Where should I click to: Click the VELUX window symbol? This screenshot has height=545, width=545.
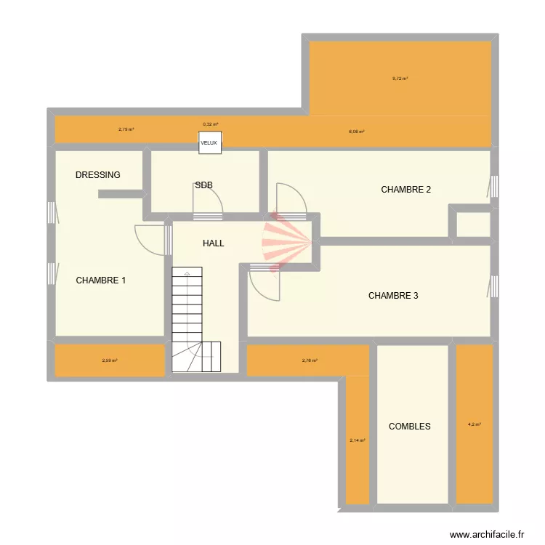click(x=209, y=142)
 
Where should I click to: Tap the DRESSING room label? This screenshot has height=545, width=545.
click(x=98, y=175)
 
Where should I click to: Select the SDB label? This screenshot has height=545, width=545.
click(x=203, y=185)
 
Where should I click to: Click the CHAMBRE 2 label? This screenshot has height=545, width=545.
click(x=406, y=190)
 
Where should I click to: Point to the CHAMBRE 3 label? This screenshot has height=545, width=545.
click(x=393, y=296)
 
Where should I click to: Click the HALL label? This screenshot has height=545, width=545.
click(x=213, y=243)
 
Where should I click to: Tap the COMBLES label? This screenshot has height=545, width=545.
click(x=409, y=427)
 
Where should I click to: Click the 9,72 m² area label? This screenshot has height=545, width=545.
click(x=400, y=78)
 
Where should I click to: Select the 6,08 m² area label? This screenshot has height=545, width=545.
click(x=356, y=132)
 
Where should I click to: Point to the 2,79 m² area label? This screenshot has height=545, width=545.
click(x=126, y=129)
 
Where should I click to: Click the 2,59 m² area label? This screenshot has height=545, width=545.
click(x=110, y=360)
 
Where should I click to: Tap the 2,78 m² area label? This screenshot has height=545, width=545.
click(x=310, y=360)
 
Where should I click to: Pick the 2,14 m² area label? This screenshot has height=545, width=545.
click(x=357, y=440)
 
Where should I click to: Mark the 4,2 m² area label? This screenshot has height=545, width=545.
click(x=474, y=424)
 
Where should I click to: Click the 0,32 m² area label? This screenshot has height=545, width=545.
click(x=210, y=124)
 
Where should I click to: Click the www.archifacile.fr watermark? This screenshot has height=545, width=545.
click(x=486, y=534)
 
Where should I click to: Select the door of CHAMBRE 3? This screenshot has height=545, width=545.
click(x=265, y=283)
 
